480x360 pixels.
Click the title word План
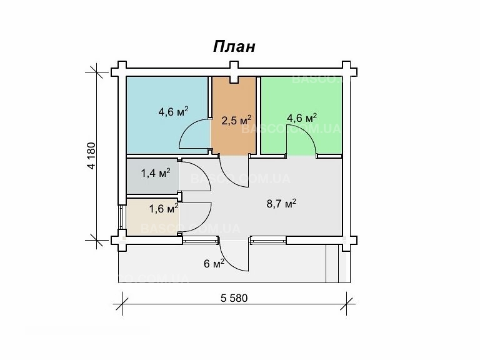point(234,47)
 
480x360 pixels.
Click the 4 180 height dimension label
point(91,156)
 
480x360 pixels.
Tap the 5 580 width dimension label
point(234,298)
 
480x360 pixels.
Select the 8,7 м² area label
point(282,203)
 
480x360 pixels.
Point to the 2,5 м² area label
point(238,119)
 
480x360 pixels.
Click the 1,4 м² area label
point(156,173)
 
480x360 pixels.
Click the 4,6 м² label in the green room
point(302,117)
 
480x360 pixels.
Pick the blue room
point(156,94)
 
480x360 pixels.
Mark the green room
point(312,94)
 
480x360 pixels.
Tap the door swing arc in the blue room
point(195,135)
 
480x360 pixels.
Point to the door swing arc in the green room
point(301,137)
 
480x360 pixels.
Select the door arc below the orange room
point(236,172)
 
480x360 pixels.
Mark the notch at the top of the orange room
point(234,79)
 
